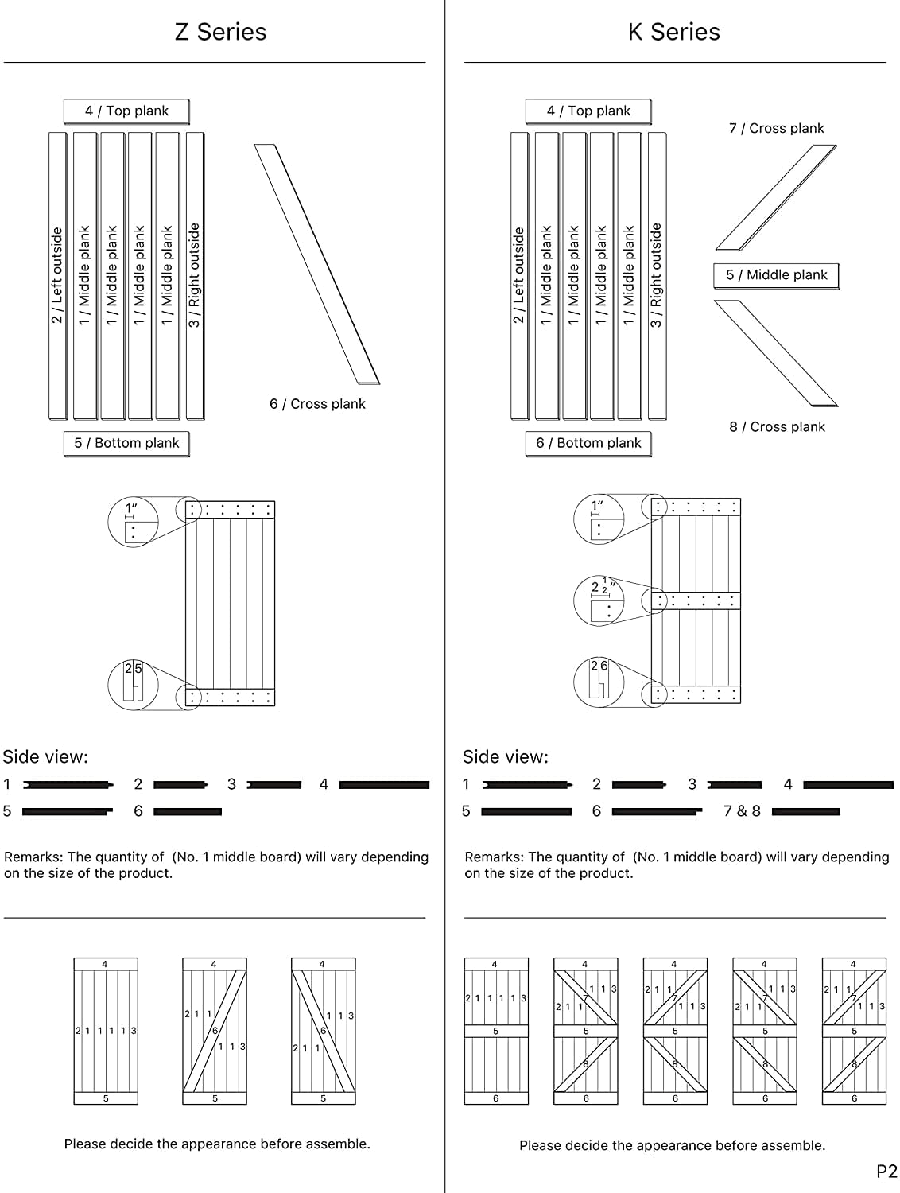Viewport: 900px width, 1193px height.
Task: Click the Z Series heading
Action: point(220,32)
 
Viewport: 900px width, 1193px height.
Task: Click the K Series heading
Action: point(673,32)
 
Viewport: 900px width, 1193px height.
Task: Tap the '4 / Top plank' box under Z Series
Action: point(126,111)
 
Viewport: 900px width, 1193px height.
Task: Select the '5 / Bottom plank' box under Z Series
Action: point(126,443)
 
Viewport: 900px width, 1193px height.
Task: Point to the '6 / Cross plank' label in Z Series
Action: point(317,404)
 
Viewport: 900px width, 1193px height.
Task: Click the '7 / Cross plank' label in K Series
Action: point(776,128)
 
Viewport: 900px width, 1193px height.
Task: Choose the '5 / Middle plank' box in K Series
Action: point(776,275)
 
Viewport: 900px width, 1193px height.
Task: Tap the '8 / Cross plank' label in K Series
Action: point(777,427)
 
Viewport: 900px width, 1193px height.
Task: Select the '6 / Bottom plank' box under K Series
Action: point(588,443)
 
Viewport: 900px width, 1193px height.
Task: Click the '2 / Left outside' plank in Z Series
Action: point(57,275)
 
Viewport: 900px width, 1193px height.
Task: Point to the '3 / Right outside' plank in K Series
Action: point(656,275)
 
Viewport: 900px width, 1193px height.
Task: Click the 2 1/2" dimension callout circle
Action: point(599,600)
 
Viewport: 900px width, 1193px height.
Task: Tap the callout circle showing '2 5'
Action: point(133,684)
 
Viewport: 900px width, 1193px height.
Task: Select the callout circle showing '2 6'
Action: point(599,681)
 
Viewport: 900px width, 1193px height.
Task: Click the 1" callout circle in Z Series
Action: point(133,521)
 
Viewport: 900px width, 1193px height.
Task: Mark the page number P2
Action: point(886,1171)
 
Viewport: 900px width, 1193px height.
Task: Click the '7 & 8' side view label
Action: point(742,811)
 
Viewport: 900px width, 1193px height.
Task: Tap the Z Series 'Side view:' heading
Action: point(45,757)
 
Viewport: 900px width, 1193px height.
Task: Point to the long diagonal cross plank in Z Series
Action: point(316,264)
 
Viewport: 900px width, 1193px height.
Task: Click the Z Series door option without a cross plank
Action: point(106,1032)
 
